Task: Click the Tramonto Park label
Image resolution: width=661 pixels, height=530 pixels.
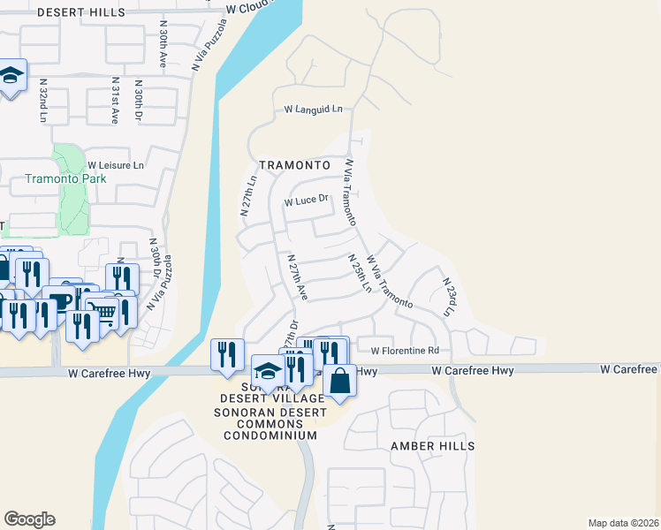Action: [65, 178]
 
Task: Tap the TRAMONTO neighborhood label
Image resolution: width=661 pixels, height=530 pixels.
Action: [294, 165]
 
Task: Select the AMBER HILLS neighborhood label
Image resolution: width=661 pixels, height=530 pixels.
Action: [433, 447]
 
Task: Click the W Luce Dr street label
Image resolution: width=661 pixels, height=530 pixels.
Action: [306, 201]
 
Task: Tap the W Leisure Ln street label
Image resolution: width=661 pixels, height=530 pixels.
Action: [115, 165]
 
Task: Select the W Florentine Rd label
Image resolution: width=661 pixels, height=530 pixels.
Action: [405, 351]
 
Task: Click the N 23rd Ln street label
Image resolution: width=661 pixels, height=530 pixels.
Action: [448, 298]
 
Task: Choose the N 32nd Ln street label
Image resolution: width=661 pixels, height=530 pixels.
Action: [43, 100]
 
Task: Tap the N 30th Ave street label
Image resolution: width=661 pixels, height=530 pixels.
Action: [163, 45]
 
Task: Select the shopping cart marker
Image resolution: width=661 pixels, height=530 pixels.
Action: [103, 312]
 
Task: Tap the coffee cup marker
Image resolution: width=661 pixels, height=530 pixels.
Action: [59, 300]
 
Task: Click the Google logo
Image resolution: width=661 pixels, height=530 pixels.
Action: [29, 519]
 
